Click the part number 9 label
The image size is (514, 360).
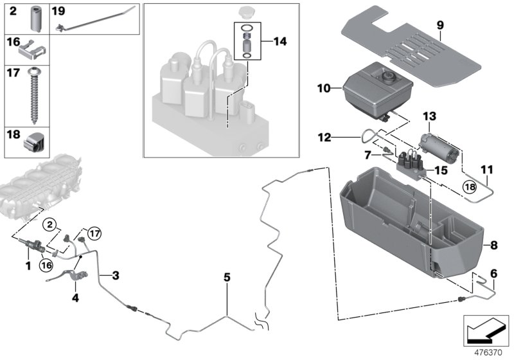(x=440, y=26)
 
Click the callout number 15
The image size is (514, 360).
(x=441, y=171)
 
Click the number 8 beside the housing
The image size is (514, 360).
(x=493, y=245)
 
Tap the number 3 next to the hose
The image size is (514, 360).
(x=115, y=276)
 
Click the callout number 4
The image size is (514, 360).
(x=75, y=298)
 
